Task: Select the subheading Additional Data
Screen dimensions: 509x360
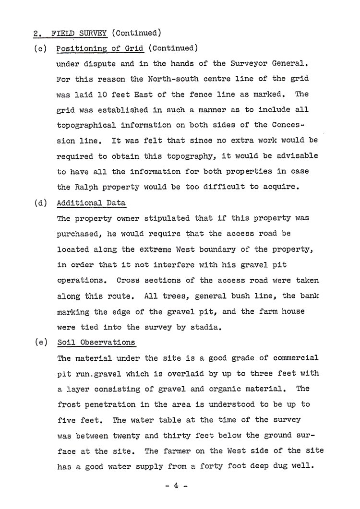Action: click(91, 202)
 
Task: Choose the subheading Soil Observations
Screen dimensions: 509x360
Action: click(96, 343)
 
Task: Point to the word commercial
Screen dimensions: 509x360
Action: click(294, 358)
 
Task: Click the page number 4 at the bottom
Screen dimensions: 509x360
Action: click(176, 486)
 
